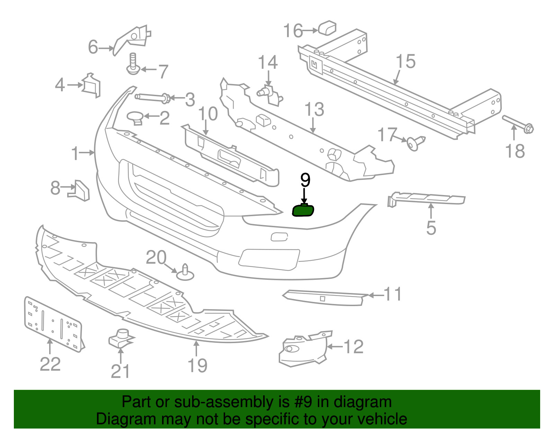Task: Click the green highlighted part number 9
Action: click(303, 210)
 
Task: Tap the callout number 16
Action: click(293, 30)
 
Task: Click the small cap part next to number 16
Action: click(327, 27)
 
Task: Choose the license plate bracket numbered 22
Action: click(54, 325)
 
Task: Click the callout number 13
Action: click(314, 109)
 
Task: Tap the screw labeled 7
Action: click(133, 64)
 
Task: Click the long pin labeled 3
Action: click(152, 98)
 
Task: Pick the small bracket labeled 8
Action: click(79, 191)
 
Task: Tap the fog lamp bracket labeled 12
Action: click(303, 349)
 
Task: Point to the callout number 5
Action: click(431, 228)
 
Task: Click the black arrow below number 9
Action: click(304, 196)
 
